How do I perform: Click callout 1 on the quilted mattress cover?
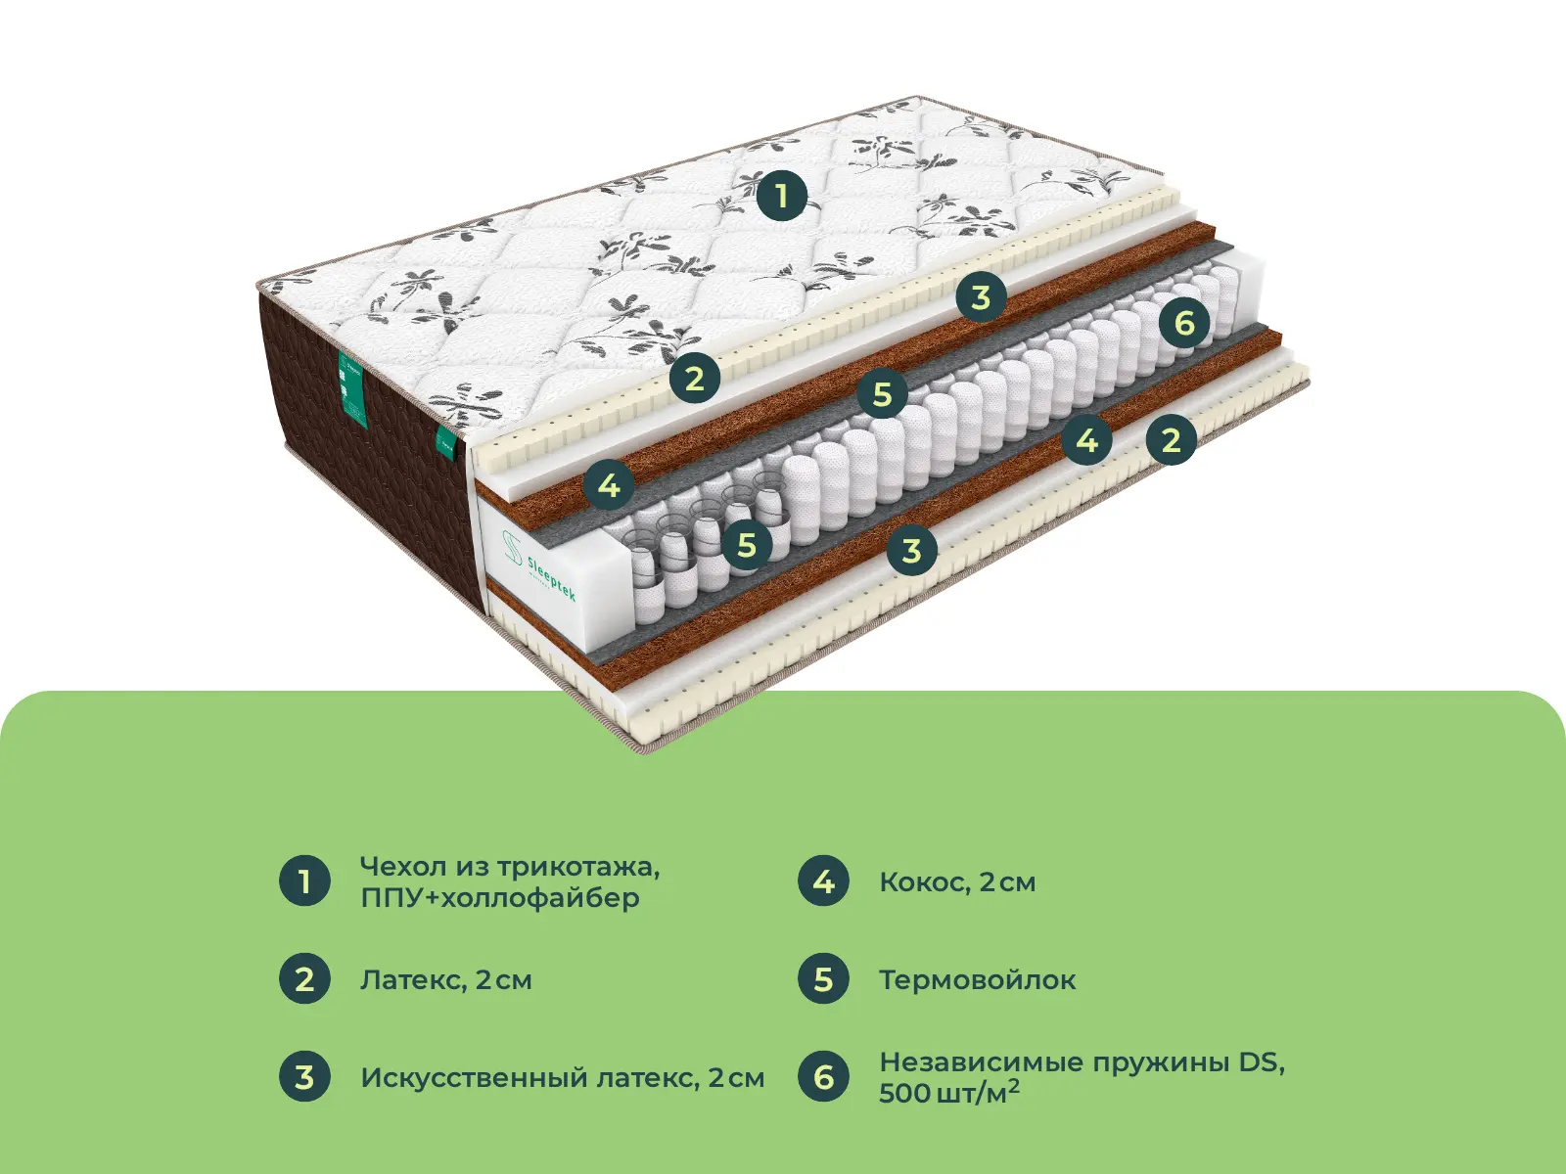[x=781, y=195]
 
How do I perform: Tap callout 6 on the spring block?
[x=1184, y=322]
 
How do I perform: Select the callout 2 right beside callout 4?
[x=1171, y=439]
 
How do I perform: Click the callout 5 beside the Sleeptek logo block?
[x=747, y=545]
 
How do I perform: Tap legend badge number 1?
[x=304, y=880]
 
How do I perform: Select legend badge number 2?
[x=304, y=978]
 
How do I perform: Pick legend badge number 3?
[x=304, y=1076]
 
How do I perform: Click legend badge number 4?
[x=823, y=880]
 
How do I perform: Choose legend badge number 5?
[x=823, y=978]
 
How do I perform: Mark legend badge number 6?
[x=823, y=1076]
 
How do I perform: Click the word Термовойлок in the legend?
[x=977, y=979]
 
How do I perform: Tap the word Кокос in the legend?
[x=921, y=881]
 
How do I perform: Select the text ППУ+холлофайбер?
[x=499, y=897]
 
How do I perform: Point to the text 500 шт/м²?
[x=947, y=1092]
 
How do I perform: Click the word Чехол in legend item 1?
[x=398, y=866]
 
